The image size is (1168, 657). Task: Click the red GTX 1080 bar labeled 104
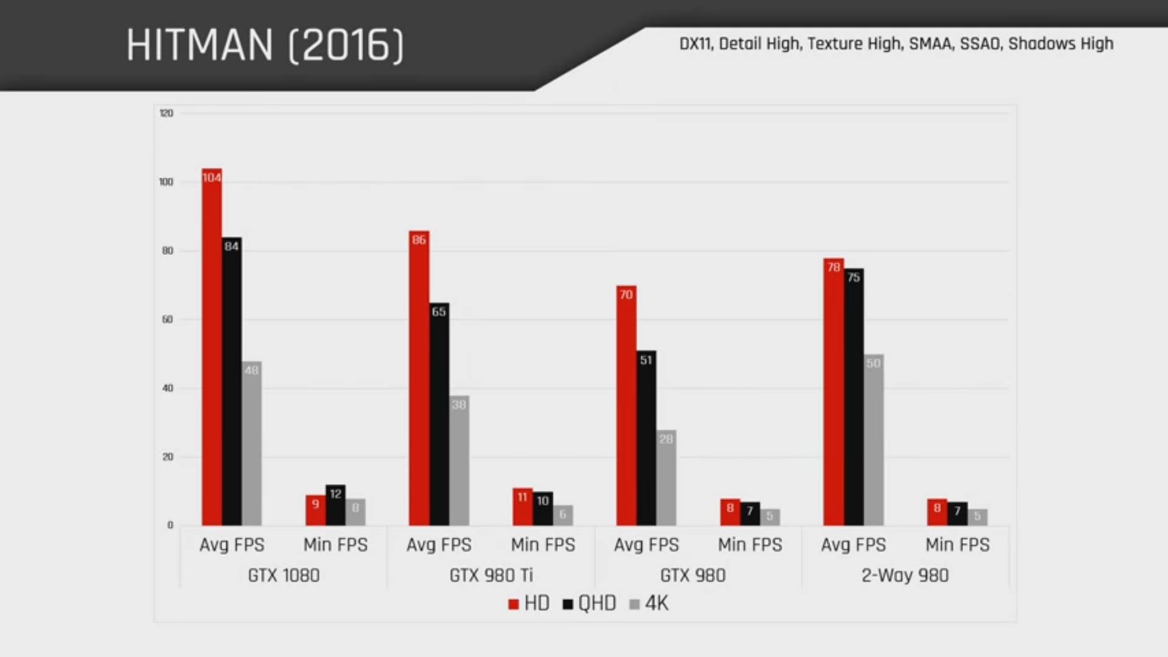[212, 347]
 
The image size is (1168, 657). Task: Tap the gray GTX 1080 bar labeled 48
[252, 443]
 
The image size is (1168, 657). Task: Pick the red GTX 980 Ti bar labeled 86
[419, 378]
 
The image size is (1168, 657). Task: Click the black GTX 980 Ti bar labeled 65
[439, 414]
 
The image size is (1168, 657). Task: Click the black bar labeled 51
[646, 438]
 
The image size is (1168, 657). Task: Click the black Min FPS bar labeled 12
[336, 505]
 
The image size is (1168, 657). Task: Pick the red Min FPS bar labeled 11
[523, 507]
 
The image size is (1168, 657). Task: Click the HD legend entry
[529, 603]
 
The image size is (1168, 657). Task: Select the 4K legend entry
[649, 603]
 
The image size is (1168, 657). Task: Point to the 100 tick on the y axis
[166, 182]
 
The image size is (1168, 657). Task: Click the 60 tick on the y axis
[167, 319]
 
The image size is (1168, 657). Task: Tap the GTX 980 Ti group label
[491, 575]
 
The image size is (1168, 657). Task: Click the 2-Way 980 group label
[905, 575]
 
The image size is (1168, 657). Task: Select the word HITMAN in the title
[200, 45]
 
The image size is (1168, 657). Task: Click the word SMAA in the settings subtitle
[931, 44]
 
